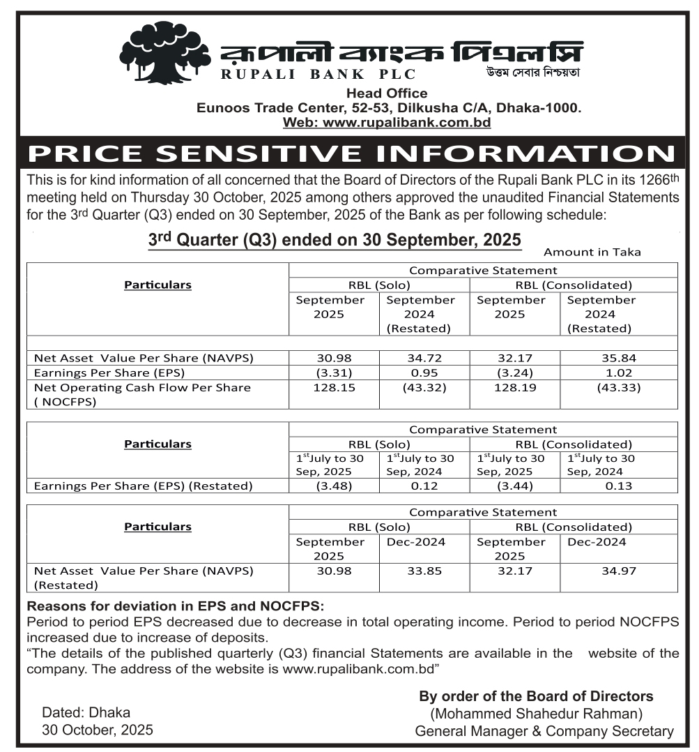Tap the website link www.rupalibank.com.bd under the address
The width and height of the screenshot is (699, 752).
[387, 123]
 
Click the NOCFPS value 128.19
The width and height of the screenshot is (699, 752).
[515, 387]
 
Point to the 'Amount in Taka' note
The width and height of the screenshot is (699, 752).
[592, 252]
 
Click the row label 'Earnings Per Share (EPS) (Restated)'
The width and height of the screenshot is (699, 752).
[143, 486]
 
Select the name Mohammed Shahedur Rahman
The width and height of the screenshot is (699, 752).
[536, 714]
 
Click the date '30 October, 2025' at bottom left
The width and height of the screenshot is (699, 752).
[97, 730]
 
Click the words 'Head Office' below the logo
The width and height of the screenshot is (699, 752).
[387, 93]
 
